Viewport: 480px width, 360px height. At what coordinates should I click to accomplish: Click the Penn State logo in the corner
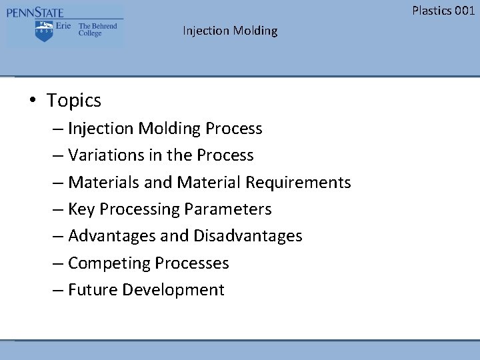pos(65,25)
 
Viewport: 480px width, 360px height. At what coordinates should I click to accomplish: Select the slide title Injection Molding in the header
pos(230,31)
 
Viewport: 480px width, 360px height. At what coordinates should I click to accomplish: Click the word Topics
pos(74,101)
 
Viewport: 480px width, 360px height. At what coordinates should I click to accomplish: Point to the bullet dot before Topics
pos(32,101)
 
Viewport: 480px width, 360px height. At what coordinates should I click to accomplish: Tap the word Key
pos(81,209)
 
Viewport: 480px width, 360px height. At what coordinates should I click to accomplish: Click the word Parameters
pos(228,209)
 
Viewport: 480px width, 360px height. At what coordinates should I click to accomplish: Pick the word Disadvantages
pos(247,236)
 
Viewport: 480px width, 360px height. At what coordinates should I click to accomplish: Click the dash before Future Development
pos(58,290)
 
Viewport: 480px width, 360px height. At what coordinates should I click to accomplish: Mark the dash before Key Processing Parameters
pos(58,209)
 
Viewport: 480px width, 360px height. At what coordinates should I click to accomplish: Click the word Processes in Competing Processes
pos(191,263)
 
